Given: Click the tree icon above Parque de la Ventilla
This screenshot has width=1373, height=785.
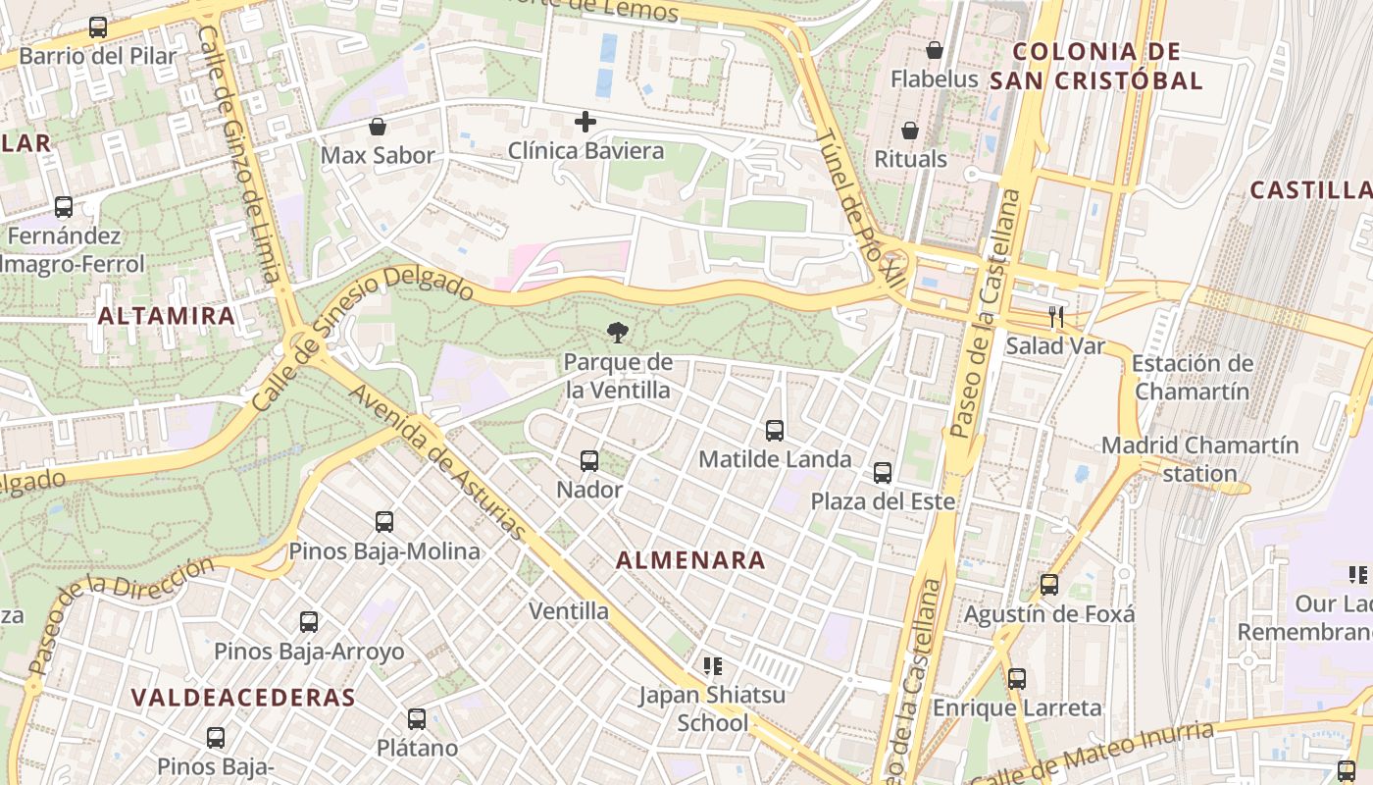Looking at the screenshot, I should [x=618, y=333].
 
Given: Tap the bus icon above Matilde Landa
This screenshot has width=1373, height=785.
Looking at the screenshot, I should [x=775, y=430].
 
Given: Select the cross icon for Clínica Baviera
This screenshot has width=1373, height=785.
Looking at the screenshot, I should [x=585, y=122].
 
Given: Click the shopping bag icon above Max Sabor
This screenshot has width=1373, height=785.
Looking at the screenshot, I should [x=378, y=127].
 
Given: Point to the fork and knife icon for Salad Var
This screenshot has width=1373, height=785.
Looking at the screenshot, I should [x=1055, y=316].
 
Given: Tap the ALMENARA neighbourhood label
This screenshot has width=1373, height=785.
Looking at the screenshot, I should [x=690, y=560].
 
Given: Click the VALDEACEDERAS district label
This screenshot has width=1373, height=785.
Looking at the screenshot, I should [x=243, y=698].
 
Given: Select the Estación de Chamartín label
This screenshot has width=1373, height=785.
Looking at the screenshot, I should [x=1192, y=377].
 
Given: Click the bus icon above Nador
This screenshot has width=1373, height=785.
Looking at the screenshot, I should [x=589, y=460].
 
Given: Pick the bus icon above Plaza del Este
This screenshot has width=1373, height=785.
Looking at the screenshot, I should [x=883, y=473].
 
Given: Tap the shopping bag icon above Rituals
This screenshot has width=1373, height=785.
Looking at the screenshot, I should [x=910, y=131].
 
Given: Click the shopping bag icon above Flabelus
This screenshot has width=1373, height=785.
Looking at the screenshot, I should [x=935, y=50].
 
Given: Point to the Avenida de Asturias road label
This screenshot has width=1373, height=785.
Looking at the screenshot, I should [x=438, y=461].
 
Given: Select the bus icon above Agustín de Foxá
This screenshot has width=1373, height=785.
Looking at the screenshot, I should [x=1049, y=585].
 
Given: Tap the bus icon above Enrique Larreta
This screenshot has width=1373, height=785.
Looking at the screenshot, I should [x=1017, y=678].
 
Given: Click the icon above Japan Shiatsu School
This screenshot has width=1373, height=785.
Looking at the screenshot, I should [x=713, y=666].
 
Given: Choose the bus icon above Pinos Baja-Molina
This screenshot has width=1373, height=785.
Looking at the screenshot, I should [x=384, y=522].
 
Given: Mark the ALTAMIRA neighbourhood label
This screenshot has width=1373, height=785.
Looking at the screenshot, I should [x=167, y=316].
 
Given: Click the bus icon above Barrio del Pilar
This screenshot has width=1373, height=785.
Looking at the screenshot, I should [x=98, y=27].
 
